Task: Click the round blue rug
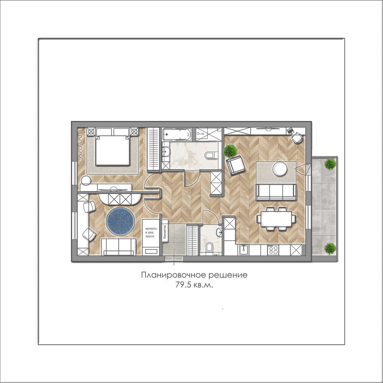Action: [x=120, y=221]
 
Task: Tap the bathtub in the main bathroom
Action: [x=177, y=134]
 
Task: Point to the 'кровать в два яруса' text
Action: [x=151, y=232]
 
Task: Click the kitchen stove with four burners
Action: [x=273, y=250]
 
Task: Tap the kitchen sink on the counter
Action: [x=244, y=250]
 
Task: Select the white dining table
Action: [x=276, y=219]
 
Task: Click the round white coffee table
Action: [x=280, y=169]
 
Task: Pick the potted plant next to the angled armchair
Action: [x=230, y=151]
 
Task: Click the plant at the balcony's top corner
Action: [x=330, y=164]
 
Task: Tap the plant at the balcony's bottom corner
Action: [x=330, y=249]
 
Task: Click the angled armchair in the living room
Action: [x=236, y=165]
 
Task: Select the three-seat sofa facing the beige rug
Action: [x=276, y=192]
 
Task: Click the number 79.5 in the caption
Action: [x=183, y=285]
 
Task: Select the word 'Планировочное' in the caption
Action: [x=173, y=275]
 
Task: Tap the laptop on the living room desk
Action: [x=290, y=131]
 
